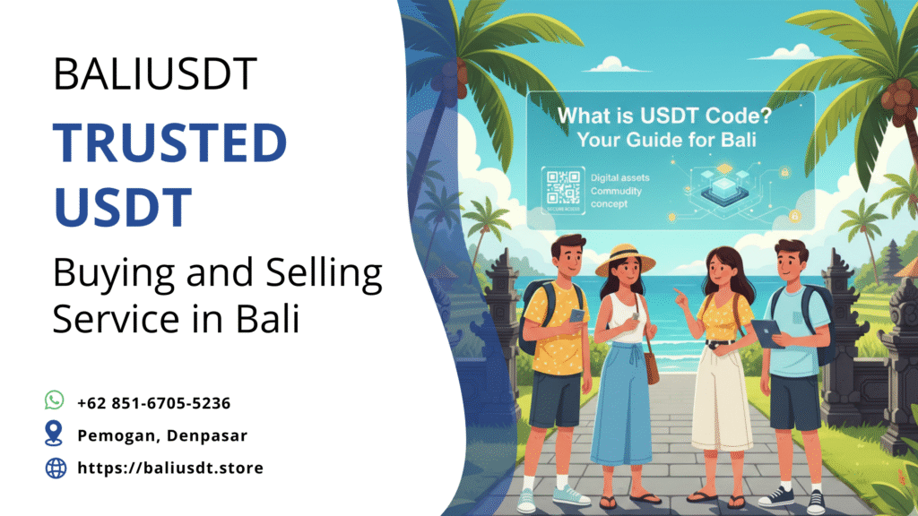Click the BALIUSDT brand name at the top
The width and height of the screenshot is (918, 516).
[x=155, y=74]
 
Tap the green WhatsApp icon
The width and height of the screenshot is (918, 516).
[x=55, y=400]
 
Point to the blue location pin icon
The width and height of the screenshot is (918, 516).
[x=55, y=434]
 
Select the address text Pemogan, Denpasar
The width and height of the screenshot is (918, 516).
[x=162, y=435]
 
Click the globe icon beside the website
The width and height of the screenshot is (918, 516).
[x=56, y=468]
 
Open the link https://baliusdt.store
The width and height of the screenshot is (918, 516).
[x=170, y=468]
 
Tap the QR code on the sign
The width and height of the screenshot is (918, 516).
[x=563, y=188]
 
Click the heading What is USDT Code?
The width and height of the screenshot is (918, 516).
[x=670, y=116]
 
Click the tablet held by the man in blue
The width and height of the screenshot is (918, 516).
[x=767, y=334]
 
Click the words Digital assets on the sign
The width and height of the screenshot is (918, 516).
[x=620, y=178]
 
